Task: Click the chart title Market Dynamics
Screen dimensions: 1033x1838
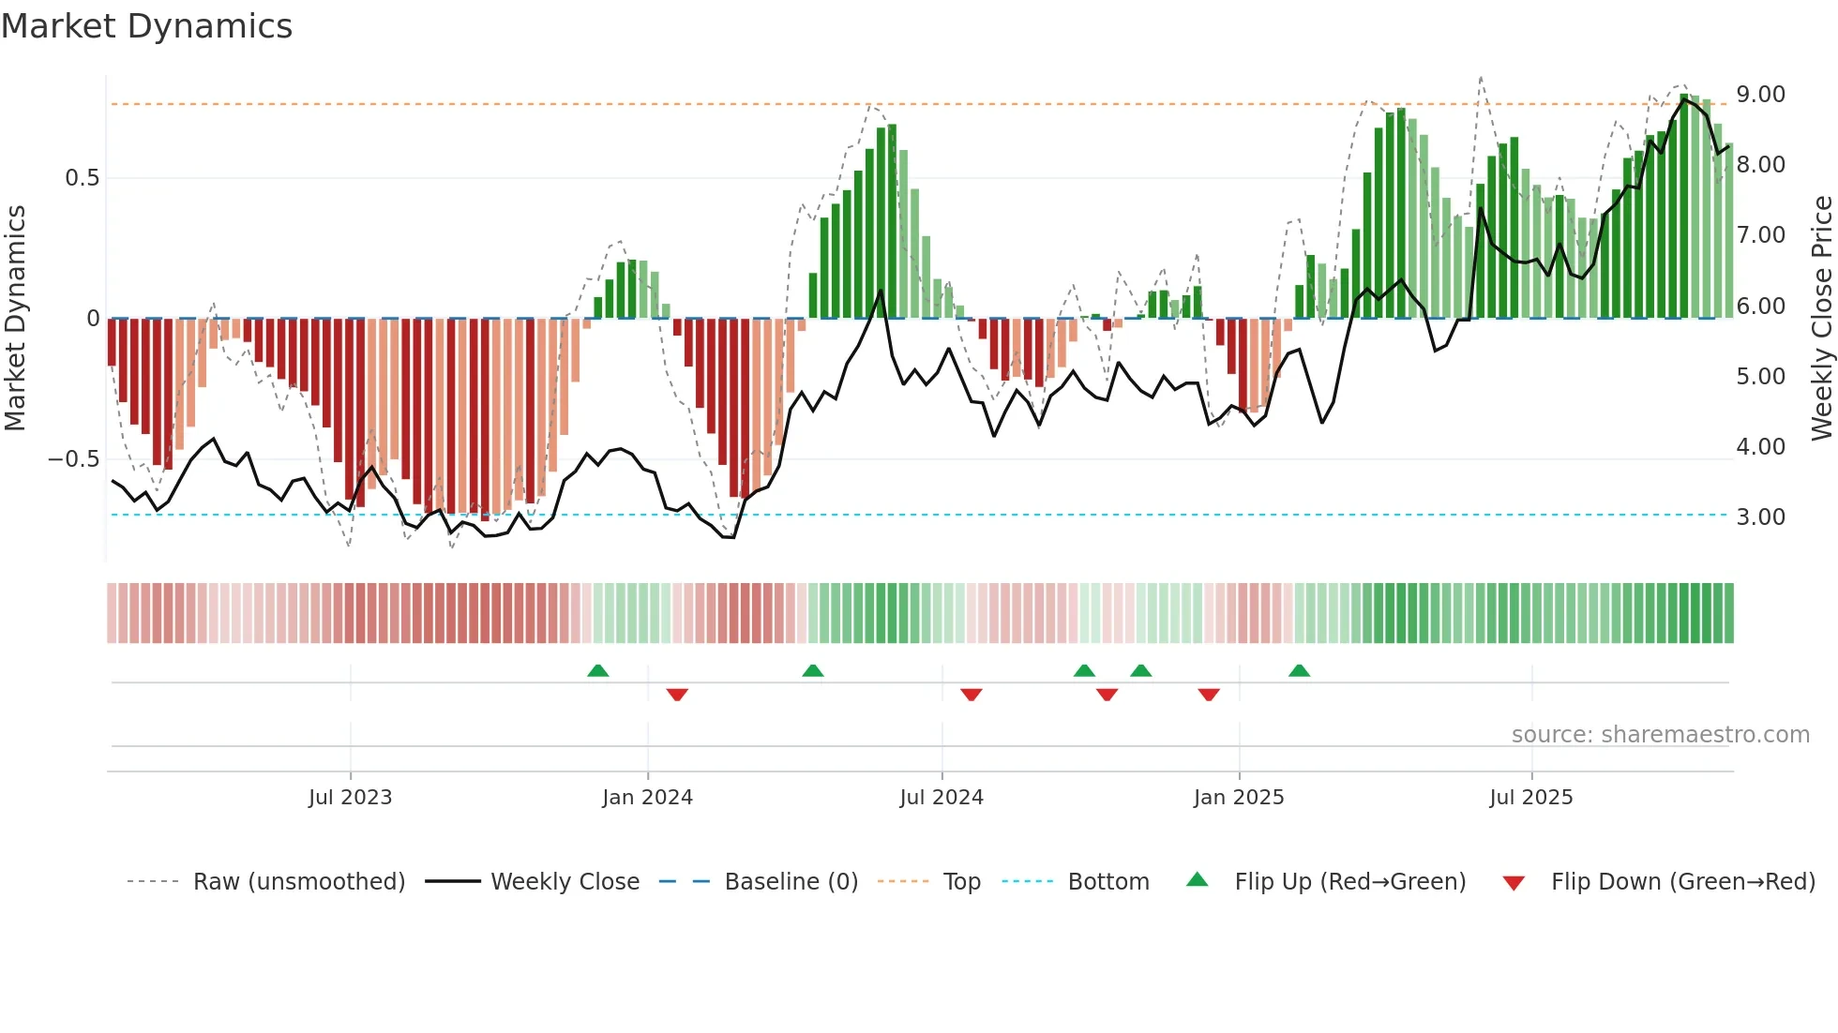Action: click(x=147, y=26)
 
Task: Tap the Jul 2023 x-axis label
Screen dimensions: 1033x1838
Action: click(x=350, y=798)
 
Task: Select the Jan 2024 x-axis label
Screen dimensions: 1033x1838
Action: click(x=647, y=798)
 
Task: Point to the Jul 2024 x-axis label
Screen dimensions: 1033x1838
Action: click(x=942, y=798)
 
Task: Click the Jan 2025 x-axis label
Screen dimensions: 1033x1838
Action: click(x=1239, y=798)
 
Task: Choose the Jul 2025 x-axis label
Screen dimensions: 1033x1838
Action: click(x=1531, y=798)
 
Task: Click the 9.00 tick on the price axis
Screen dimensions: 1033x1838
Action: click(x=1760, y=95)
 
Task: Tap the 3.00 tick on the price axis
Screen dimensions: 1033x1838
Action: click(x=1760, y=517)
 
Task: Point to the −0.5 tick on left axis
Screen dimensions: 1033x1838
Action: click(x=74, y=459)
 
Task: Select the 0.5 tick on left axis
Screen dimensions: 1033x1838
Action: click(x=82, y=178)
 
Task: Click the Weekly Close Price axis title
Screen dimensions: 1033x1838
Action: click(x=1821, y=319)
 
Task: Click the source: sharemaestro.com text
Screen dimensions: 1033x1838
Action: click(x=1660, y=735)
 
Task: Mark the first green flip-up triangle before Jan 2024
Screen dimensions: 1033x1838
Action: click(x=597, y=671)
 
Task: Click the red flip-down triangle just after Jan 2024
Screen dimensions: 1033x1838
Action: click(x=677, y=695)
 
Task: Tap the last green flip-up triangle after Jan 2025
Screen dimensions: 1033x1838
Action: click(x=1299, y=671)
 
